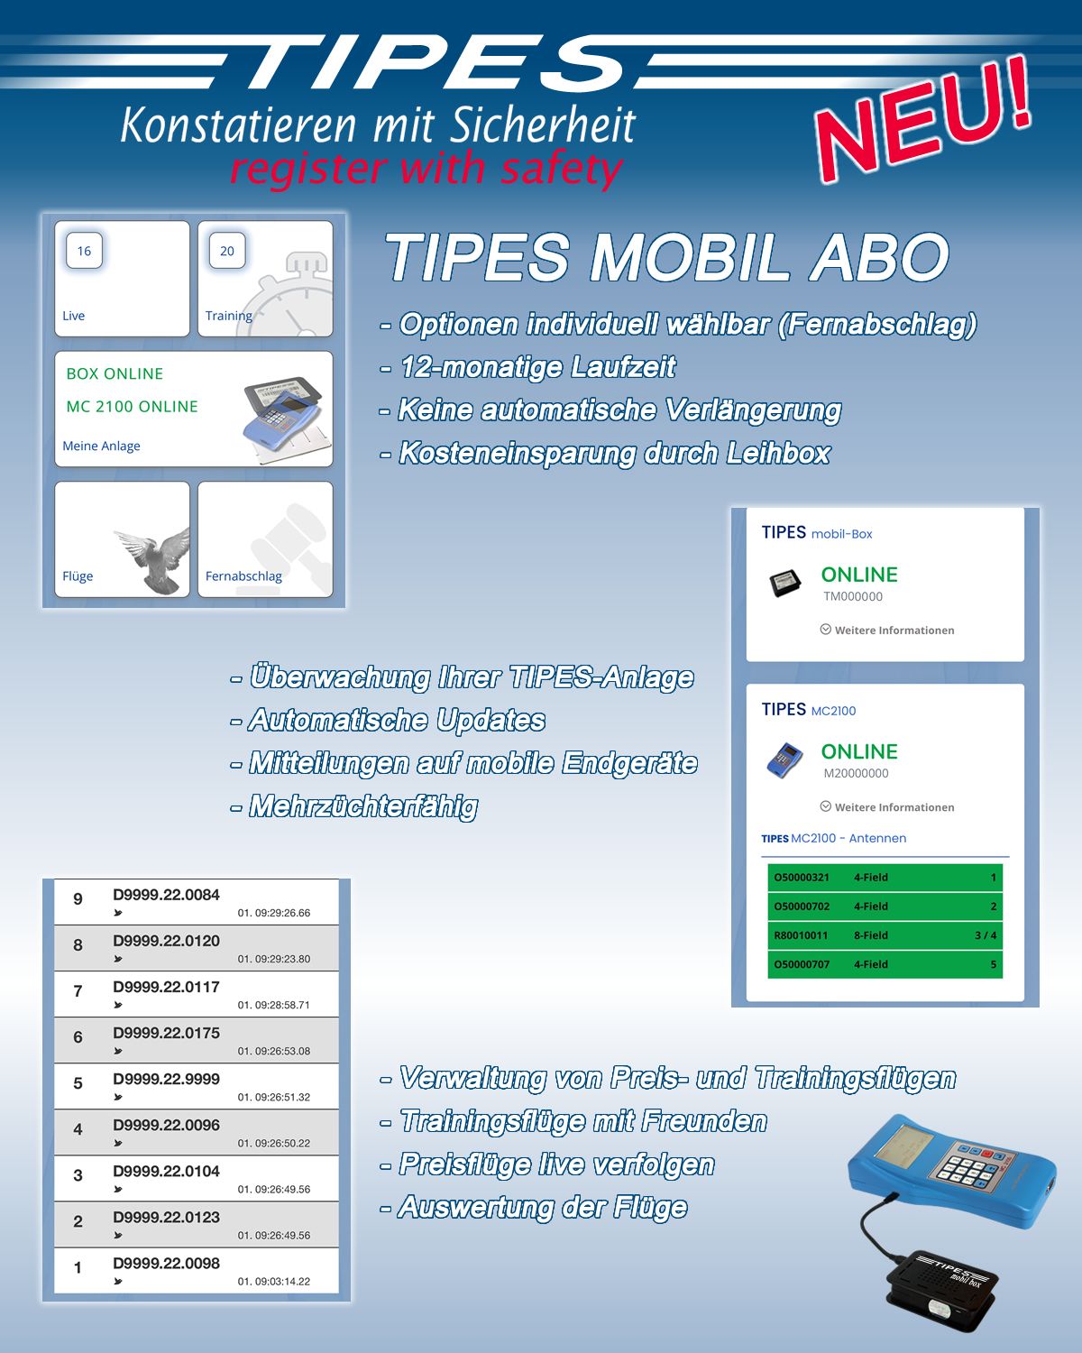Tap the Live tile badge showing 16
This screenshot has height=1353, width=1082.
[x=84, y=251]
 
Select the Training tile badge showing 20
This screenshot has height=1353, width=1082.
[x=227, y=251]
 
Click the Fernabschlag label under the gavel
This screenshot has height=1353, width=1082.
[x=243, y=575]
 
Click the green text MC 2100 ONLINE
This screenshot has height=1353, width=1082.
[x=132, y=407]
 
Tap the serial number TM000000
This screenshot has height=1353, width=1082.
[x=853, y=596]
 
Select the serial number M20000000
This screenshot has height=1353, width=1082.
[x=857, y=773]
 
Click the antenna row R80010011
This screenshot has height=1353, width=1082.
[x=885, y=935]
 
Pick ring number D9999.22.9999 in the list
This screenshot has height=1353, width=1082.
[x=167, y=1079]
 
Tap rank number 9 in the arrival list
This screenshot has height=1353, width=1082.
[x=78, y=899]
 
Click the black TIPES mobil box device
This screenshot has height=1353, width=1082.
[x=942, y=1284]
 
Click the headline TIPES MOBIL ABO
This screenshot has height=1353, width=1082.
[x=667, y=257]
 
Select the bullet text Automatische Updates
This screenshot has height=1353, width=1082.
[x=397, y=721]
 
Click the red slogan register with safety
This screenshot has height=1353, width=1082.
[x=426, y=169]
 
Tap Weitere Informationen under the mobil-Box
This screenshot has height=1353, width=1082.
[x=887, y=630]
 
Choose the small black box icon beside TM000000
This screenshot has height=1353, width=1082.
[x=785, y=583]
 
